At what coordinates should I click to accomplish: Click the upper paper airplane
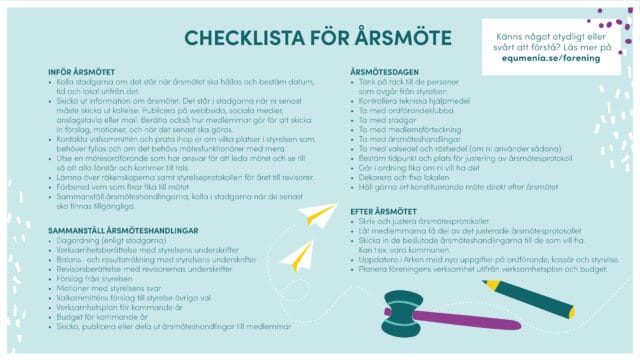point(319,214)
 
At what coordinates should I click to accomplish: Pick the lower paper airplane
point(298,254)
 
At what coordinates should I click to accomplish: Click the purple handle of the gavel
point(450,322)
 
